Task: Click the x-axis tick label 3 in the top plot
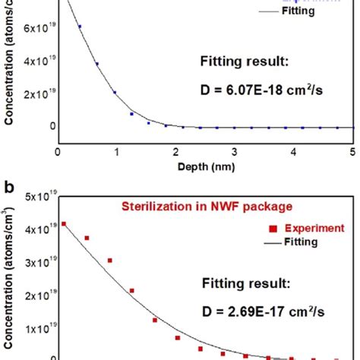point(235,151)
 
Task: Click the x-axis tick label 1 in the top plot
point(117,151)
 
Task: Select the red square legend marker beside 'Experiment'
point(273,227)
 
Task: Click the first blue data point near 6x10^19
point(80,27)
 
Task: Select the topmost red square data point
point(64,224)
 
